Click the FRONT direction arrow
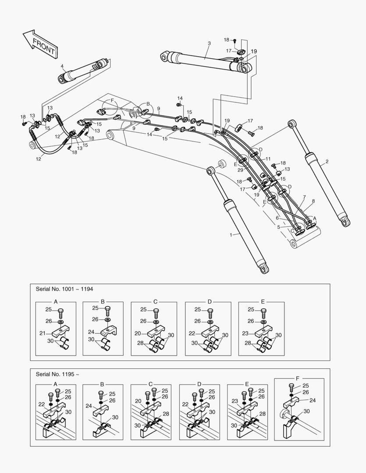click(x=40, y=44)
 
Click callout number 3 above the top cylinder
click(x=209, y=43)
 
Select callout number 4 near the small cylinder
click(x=62, y=67)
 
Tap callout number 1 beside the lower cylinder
click(x=231, y=235)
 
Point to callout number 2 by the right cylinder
click(x=327, y=162)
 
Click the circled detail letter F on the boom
click(x=112, y=101)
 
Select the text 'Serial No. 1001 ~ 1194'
click(x=64, y=289)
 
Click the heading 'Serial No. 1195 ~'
click(x=57, y=374)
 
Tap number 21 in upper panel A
click(x=42, y=333)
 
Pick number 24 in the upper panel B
click(x=91, y=332)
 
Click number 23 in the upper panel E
click(x=245, y=333)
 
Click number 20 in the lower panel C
click(x=138, y=401)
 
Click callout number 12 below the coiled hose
click(x=39, y=159)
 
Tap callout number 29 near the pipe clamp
click(x=240, y=169)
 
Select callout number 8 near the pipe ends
click(x=313, y=201)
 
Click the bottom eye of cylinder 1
click(x=264, y=268)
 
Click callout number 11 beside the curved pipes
click(x=268, y=159)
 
